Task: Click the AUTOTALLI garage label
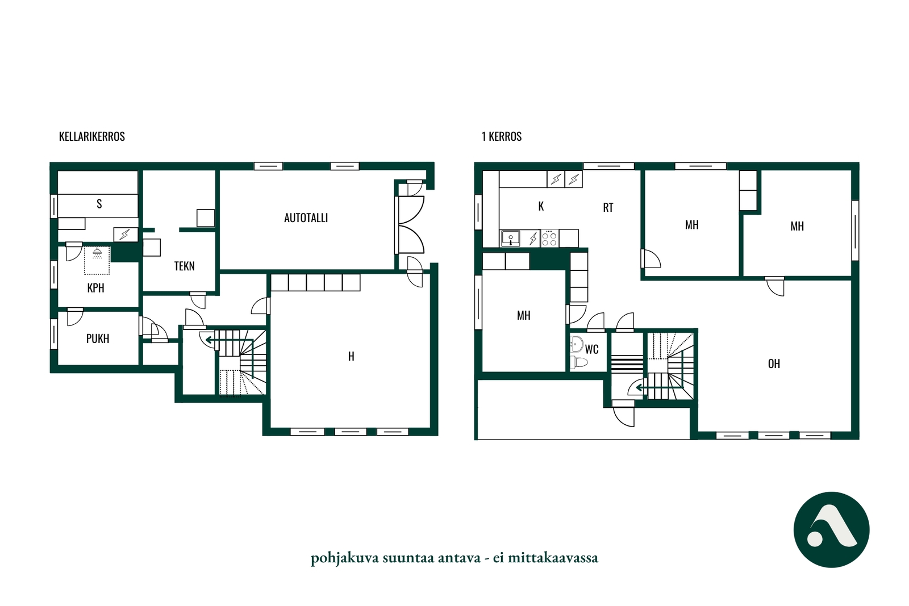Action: click(306, 218)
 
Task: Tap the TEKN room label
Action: click(184, 266)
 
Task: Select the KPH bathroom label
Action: click(96, 288)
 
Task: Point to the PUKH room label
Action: click(97, 338)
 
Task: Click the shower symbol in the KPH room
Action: click(97, 253)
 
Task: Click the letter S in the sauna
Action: click(99, 204)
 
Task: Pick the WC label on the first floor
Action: click(591, 349)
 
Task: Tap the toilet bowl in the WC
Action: click(579, 362)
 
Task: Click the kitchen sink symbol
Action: click(511, 239)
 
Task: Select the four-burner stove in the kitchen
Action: click(549, 239)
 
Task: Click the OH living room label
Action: click(774, 364)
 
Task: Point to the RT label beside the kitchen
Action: click(608, 208)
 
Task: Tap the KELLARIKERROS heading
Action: click(92, 136)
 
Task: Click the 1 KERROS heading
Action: click(502, 136)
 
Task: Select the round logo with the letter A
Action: click(832, 529)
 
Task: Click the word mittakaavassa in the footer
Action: click(553, 558)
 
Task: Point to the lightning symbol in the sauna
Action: click(124, 235)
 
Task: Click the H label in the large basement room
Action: click(351, 357)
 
